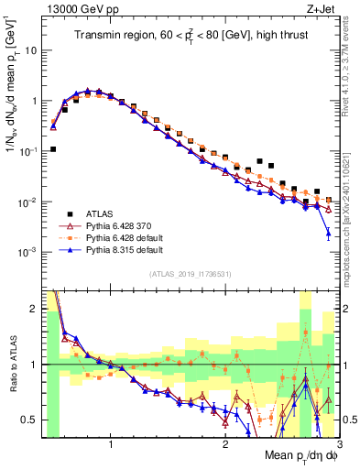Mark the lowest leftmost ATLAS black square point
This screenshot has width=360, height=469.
(x=53, y=148)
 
